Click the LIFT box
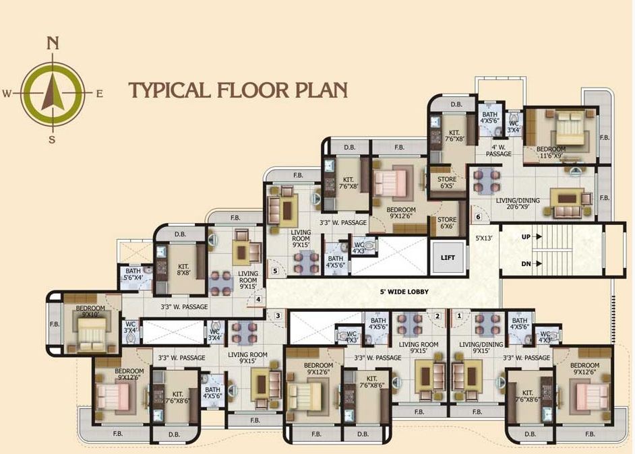click(x=448, y=257)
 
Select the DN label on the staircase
click(x=526, y=263)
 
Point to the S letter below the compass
click(x=51, y=139)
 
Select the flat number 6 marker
click(x=478, y=217)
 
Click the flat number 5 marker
click(x=274, y=271)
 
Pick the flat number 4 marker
click(x=258, y=300)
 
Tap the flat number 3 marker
click(x=277, y=315)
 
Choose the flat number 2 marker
click(x=437, y=315)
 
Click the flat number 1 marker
click(x=460, y=315)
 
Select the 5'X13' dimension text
click(x=485, y=238)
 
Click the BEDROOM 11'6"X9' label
click(x=551, y=152)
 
